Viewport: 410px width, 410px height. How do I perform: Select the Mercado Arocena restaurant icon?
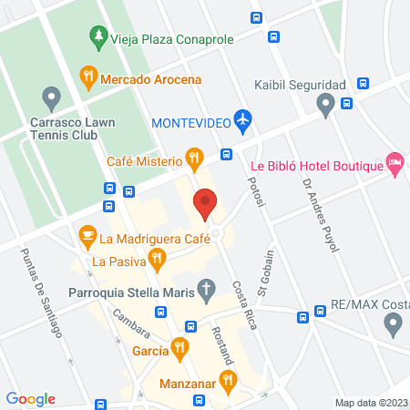[x=88, y=77]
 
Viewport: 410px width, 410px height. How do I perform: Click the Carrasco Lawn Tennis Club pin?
[x=51, y=97]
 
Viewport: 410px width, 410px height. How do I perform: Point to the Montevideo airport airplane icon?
[x=241, y=120]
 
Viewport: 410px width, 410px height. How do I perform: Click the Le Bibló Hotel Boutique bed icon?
[x=395, y=164]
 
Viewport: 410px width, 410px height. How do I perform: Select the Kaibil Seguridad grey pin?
[x=325, y=106]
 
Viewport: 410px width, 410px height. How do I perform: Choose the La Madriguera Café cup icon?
[x=87, y=237]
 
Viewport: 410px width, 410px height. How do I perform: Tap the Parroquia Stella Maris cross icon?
[x=207, y=292]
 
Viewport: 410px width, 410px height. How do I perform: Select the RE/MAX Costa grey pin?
[x=393, y=322]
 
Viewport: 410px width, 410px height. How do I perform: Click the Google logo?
[x=30, y=399]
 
